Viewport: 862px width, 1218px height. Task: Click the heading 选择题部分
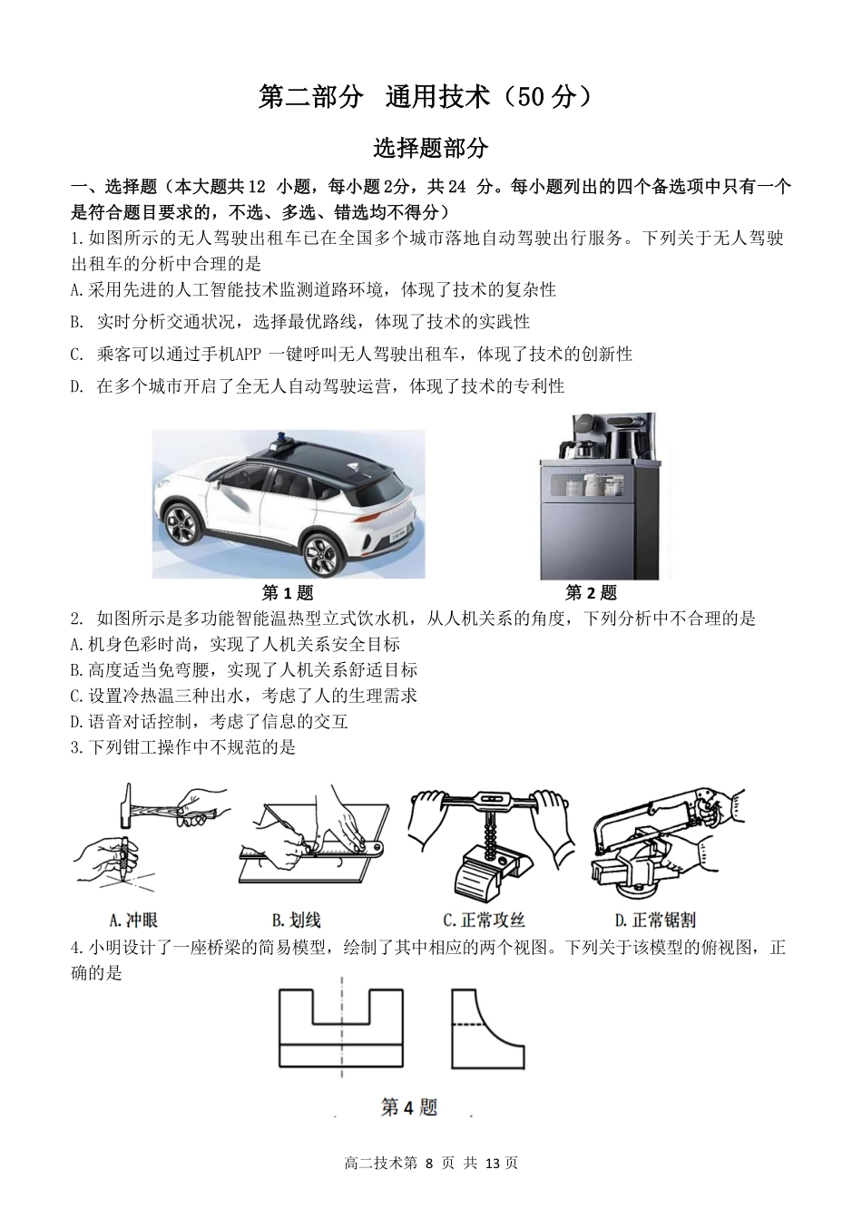[x=430, y=148]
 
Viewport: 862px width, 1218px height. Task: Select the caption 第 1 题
[x=288, y=593]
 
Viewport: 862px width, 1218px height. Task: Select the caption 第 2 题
[x=591, y=593]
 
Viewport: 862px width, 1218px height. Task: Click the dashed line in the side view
[x=466, y=1025]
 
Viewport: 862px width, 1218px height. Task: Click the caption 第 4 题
[x=408, y=1107]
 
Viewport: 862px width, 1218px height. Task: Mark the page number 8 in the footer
[x=430, y=1164]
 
